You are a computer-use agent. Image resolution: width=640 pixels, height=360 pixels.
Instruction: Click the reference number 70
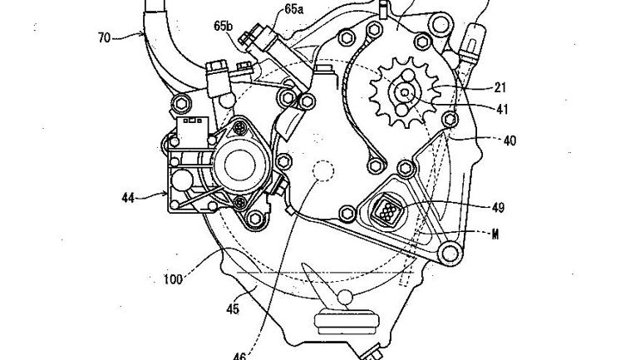[105, 38]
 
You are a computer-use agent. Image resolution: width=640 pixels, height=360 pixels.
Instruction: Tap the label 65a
[294, 9]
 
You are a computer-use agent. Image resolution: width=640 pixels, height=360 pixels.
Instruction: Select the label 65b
[224, 26]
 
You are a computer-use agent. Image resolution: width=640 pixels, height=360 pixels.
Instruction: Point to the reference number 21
[500, 87]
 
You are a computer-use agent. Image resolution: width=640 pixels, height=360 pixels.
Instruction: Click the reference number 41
[502, 109]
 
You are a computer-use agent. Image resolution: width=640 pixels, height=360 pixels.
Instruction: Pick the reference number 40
[510, 141]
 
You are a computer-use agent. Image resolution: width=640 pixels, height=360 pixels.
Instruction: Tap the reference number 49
[498, 208]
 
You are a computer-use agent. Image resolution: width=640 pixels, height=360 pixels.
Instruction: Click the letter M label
[495, 234]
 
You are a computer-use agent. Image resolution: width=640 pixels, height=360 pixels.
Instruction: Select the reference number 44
[128, 199]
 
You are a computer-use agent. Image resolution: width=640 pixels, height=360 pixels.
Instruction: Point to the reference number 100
[173, 279]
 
